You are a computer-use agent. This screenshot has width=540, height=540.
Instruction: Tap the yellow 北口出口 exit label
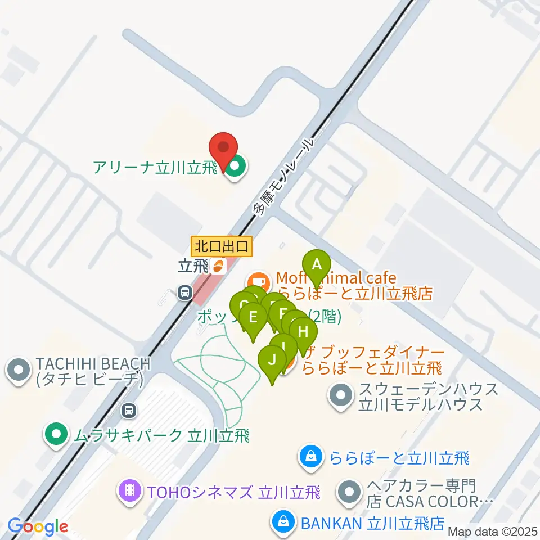click(x=222, y=246)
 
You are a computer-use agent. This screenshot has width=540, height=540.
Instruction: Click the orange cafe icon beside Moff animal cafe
click(x=258, y=280)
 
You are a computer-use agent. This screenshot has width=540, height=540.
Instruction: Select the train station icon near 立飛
click(x=184, y=292)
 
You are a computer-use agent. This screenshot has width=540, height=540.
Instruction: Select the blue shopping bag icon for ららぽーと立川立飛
click(x=311, y=457)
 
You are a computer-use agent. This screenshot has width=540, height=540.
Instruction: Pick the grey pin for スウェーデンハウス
click(x=340, y=395)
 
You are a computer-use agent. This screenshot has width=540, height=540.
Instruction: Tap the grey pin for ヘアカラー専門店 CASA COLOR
click(x=349, y=493)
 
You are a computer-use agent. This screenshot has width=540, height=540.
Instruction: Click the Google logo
click(x=38, y=527)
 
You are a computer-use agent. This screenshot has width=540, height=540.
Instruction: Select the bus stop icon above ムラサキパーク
click(x=130, y=411)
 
